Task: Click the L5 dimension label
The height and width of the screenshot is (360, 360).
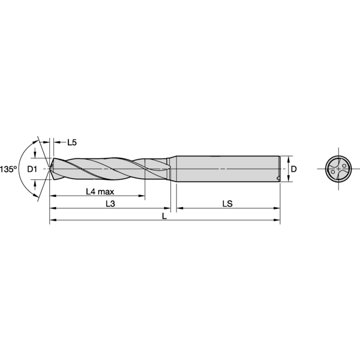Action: point(71,142)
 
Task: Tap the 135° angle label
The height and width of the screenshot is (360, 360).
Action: point(8,169)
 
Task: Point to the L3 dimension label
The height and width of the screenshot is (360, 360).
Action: point(110,204)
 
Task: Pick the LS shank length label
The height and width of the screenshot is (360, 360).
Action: point(227,204)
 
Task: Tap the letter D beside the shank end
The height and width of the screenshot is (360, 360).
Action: point(293,169)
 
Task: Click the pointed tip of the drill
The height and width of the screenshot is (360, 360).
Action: point(49,169)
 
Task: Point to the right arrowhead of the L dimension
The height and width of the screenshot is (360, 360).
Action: point(277,221)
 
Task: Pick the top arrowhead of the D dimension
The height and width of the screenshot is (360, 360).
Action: point(287,158)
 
